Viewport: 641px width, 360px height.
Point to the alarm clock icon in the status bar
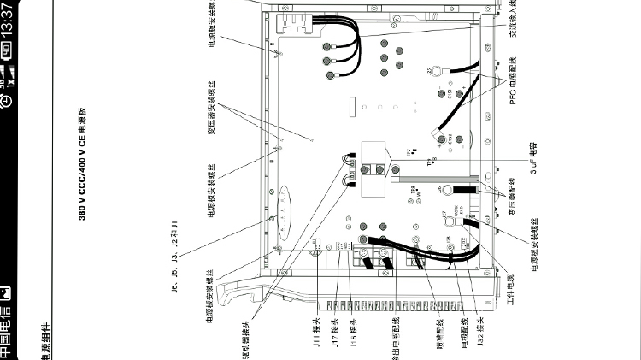[x=8, y=101]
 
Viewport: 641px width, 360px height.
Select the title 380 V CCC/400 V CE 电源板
[x=84, y=163]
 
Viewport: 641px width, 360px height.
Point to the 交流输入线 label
[x=513, y=17]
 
